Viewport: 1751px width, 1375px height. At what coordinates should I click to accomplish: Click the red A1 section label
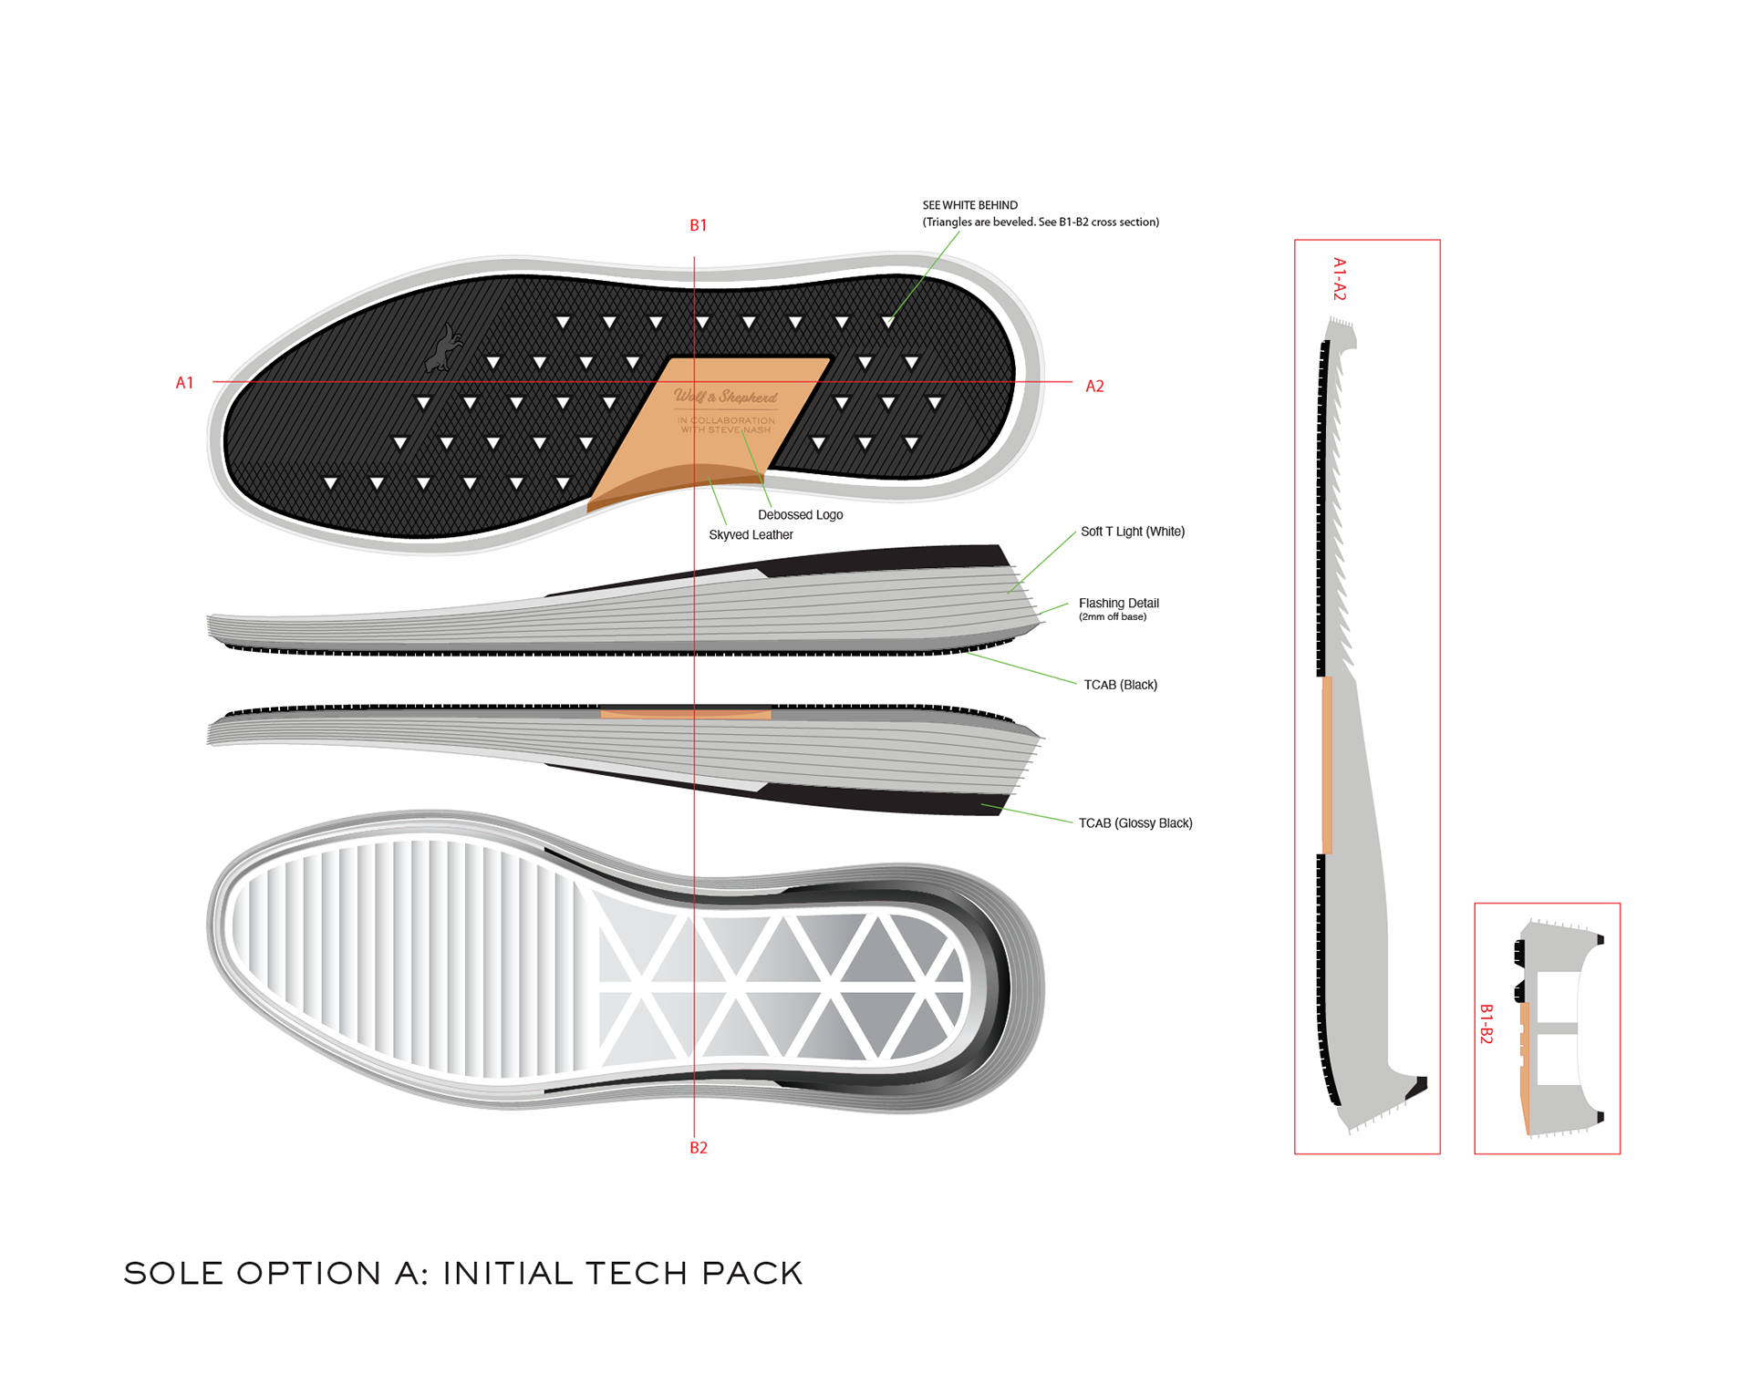point(184,383)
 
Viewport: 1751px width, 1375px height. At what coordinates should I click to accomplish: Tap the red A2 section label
point(1094,387)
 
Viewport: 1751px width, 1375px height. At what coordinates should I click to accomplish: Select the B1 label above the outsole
point(698,225)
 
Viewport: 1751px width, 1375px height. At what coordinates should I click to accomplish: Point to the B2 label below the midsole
point(698,1148)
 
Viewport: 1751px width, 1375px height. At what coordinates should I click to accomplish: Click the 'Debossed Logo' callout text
point(800,515)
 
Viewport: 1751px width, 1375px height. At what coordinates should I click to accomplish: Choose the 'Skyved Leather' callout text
point(751,535)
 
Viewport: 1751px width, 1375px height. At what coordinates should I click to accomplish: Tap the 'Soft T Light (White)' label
point(1132,532)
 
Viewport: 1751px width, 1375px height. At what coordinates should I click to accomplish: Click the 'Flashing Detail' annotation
point(1118,603)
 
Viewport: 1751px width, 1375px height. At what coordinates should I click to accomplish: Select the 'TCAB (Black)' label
point(1120,685)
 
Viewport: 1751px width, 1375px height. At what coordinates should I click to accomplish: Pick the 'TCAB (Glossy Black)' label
point(1135,823)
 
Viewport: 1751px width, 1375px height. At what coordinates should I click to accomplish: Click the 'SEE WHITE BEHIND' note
point(969,205)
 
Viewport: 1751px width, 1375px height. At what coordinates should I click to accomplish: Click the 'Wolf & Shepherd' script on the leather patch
point(726,397)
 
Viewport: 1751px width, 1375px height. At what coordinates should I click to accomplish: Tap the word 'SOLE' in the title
point(173,1273)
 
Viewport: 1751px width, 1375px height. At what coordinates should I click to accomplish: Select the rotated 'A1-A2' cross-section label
point(1339,279)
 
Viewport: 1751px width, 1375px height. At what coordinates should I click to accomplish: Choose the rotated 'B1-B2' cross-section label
point(1486,1024)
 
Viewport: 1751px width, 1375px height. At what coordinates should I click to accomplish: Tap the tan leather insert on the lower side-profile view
point(686,714)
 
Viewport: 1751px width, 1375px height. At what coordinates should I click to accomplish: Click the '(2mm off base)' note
point(1112,617)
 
